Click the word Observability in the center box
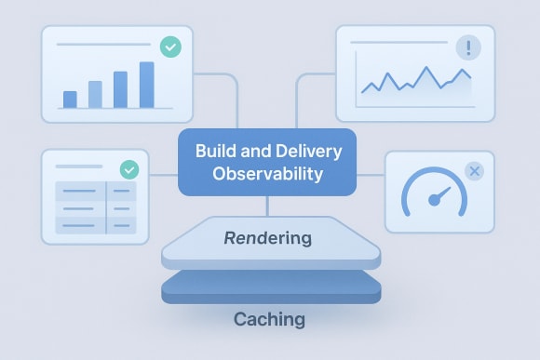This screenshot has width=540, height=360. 267,174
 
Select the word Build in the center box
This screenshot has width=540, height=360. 214,152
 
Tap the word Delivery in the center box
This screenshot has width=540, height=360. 311,152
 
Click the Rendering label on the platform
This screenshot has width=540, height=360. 268,239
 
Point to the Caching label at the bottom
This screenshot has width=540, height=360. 268,319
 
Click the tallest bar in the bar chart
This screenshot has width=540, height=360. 146,85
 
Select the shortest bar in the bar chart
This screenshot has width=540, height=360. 70,100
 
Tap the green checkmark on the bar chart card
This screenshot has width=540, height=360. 170,47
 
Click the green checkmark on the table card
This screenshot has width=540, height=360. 130,170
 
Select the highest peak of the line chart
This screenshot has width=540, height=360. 427,70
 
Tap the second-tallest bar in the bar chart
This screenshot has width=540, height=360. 120,89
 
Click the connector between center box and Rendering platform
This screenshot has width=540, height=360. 268,206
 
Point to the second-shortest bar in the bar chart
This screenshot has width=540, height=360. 95,94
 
